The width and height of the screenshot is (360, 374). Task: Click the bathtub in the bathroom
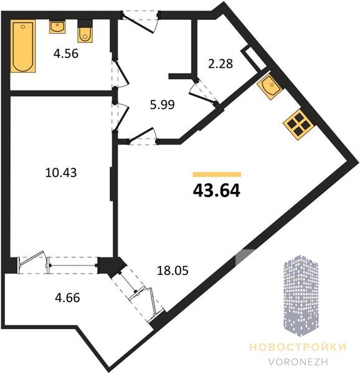23,46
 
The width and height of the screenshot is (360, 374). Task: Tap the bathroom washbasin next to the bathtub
57,27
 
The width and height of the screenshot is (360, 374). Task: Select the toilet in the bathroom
85,32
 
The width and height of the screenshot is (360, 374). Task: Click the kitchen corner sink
270,87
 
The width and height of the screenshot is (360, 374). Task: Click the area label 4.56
66,54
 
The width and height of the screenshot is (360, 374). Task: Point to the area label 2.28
220,64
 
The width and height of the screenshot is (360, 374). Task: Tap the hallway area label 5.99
163,105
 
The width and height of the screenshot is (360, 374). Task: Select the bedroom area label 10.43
61,173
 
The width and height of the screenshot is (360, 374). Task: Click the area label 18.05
173,271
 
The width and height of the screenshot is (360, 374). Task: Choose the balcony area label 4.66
67,298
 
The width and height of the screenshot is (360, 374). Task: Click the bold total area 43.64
216,191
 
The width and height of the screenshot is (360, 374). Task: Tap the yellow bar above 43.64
217,175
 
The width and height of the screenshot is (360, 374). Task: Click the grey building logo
301,295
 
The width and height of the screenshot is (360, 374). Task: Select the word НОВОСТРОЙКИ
298,347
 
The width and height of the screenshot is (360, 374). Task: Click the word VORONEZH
298,362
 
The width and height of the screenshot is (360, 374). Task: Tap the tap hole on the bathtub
23,27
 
